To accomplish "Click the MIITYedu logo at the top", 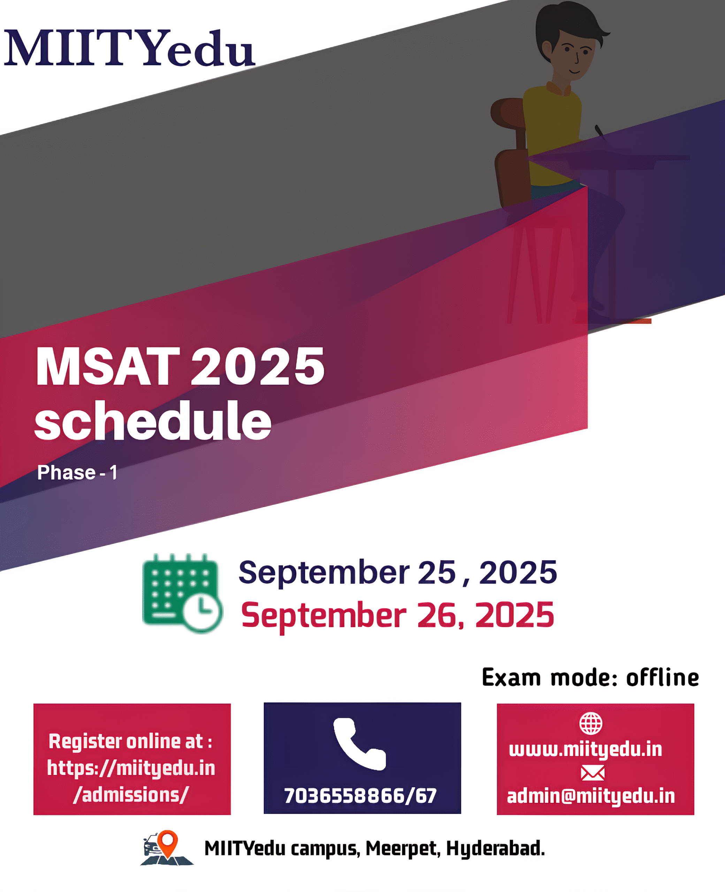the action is (x=129, y=48).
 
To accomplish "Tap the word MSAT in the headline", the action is (x=108, y=367).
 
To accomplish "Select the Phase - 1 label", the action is (x=77, y=472).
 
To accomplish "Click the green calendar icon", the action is (x=183, y=593).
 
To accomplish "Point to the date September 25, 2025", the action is (x=398, y=572).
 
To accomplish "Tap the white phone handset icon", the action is (x=360, y=744).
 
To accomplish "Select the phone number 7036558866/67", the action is (x=360, y=795).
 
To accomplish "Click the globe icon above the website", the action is (x=591, y=723).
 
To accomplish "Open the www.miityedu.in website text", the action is (x=586, y=749).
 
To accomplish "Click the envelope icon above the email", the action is (x=593, y=773).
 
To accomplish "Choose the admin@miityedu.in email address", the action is (x=591, y=796).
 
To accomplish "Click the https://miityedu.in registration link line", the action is (x=131, y=768).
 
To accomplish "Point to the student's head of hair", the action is (x=568, y=25).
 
